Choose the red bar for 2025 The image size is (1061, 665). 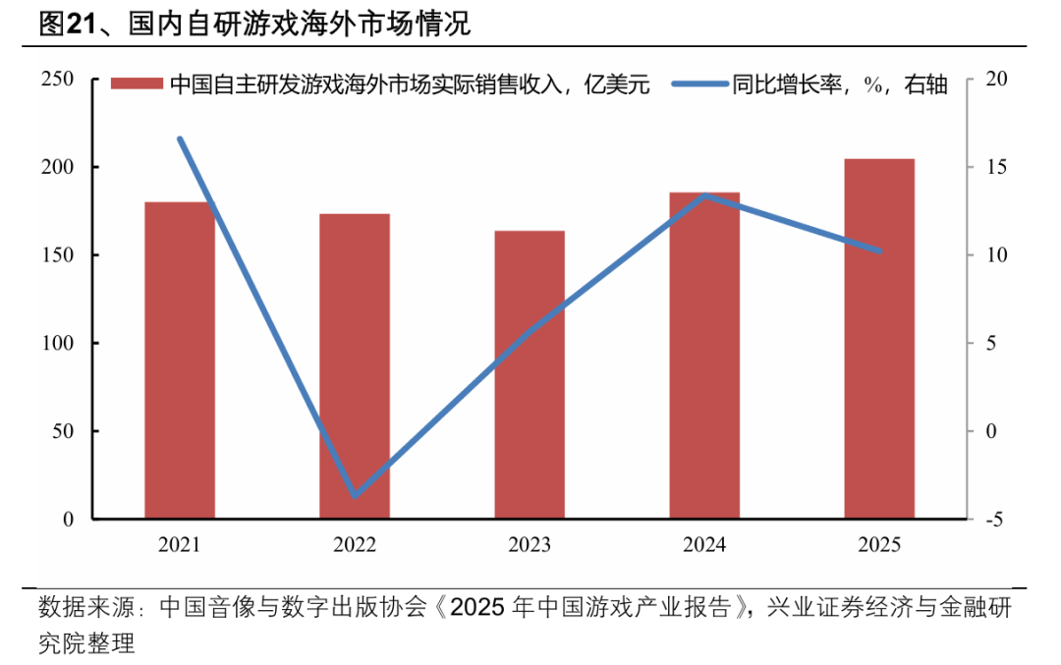click(x=879, y=338)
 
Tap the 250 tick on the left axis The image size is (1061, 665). click(x=58, y=80)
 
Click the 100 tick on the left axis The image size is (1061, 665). click(x=58, y=344)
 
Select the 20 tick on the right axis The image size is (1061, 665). click(x=991, y=80)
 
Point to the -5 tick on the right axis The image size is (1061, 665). click(x=991, y=520)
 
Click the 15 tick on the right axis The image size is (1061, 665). click(x=991, y=168)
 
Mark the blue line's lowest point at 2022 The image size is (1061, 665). click(x=355, y=495)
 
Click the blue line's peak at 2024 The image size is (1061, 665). click(x=705, y=195)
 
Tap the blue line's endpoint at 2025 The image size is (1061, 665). click(x=879, y=251)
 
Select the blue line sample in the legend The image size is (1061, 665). click(x=699, y=84)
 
